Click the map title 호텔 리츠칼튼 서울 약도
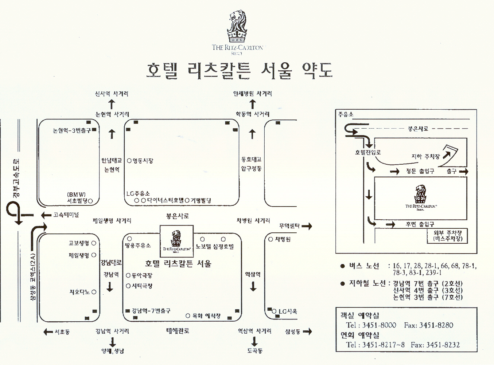pyautogui.click(x=239, y=71)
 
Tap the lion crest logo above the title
pyautogui.click(x=237, y=27)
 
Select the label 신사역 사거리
pyautogui.click(x=112, y=94)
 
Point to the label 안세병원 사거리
pyautogui.click(x=252, y=94)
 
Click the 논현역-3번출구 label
pyautogui.click(x=72, y=130)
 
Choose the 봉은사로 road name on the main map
pyautogui.click(x=178, y=216)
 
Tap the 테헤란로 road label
pyautogui.click(x=178, y=331)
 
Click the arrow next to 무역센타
pyautogui.click(x=307, y=226)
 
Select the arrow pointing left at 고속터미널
pyautogui.click(x=46, y=215)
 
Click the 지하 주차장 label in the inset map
pyautogui.click(x=425, y=157)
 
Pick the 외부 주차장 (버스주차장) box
pyautogui.click(x=447, y=236)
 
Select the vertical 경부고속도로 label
pyautogui.click(x=17, y=178)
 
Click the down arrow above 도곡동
pyautogui.click(x=254, y=341)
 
